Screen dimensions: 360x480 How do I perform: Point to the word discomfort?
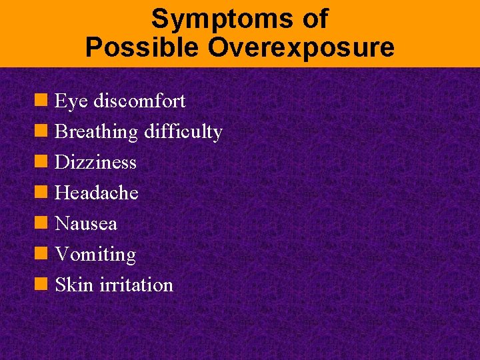point(139,101)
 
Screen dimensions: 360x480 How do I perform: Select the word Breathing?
point(96,132)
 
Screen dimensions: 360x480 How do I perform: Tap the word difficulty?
point(183,132)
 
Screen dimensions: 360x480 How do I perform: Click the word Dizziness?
point(95,163)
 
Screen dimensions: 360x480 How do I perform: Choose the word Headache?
point(97,193)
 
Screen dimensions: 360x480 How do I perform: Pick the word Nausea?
point(86,224)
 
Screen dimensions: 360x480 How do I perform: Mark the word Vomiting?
point(95,255)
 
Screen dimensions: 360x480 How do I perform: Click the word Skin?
point(74,285)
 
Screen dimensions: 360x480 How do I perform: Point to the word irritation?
point(136,285)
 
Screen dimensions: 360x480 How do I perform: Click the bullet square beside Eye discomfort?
point(41,101)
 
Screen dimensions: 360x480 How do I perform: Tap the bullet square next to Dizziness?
point(41,162)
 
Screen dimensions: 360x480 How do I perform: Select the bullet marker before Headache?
point(41,193)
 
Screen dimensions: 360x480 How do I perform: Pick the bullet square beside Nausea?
point(41,223)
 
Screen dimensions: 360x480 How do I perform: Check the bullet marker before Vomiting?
point(41,254)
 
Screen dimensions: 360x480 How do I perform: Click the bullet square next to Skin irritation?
point(41,285)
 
